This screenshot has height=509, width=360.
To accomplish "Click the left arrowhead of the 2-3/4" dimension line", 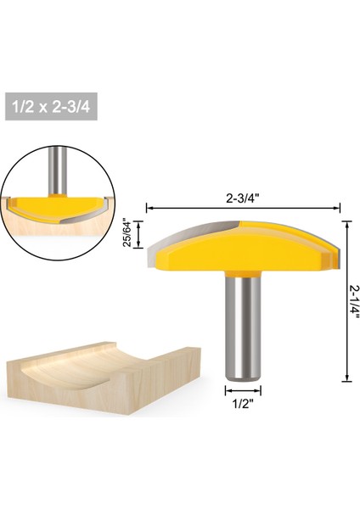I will pos(150,206).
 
